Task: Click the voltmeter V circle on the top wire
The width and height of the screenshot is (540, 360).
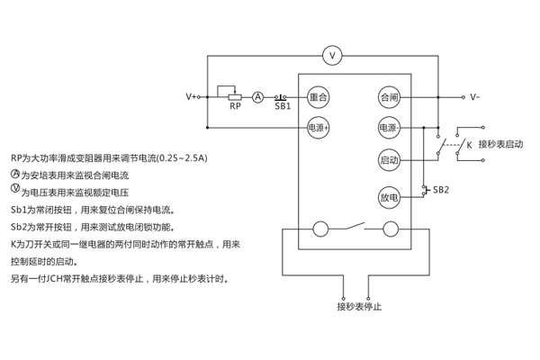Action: (x=333, y=56)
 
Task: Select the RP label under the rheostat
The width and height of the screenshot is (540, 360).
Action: (x=235, y=107)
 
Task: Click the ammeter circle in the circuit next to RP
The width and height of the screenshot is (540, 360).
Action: (x=257, y=95)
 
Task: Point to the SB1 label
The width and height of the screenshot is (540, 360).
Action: (x=283, y=107)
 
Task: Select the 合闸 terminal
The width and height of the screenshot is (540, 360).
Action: (x=389, y=95)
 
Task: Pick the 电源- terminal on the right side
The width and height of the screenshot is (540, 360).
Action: (x=389, y=128)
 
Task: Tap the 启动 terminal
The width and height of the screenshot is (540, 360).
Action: (x=389, y=160)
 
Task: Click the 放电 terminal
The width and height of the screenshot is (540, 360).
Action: (x=389, y=197)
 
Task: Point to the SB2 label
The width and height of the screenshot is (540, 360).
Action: (x=440, y=190)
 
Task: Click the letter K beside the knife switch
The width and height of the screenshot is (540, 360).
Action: (x=468, y=144)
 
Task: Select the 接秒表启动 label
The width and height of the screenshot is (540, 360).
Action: (x=500, y=144)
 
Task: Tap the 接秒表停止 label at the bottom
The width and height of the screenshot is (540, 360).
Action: (x=360, y=307)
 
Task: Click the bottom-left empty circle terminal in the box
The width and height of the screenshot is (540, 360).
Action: (x=320, y=229)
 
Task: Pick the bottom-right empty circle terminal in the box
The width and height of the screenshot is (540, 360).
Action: (x=391, y=229)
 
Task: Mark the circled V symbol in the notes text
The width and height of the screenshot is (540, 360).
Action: (x=15, y=189)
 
